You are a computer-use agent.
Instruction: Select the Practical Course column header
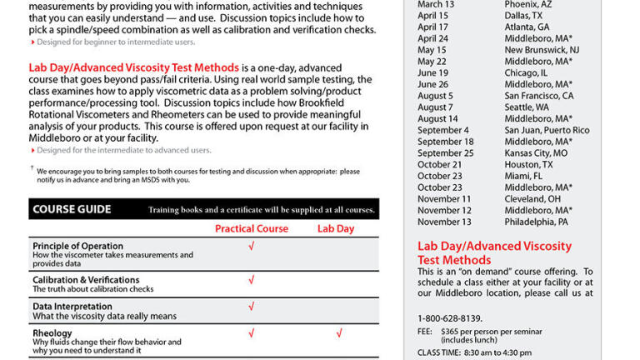(252, 228)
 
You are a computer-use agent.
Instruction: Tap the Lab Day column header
(336, 228)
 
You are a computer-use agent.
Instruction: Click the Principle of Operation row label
(77, 246)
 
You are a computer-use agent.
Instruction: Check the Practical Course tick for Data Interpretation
(252, 307)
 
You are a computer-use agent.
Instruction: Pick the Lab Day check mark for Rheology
(339, 333)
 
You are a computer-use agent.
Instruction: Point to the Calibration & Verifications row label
(86, 280)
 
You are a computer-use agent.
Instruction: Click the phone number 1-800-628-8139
(450, 318)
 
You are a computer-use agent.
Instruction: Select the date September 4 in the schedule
(443, 130)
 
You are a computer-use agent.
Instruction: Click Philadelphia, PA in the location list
(536, 222)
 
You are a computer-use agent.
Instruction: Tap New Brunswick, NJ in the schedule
(541, 49)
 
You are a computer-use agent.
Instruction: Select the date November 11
(444, 199)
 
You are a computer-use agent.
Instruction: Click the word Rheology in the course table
(52, 332)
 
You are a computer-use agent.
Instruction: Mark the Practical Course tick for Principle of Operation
(252, 247)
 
